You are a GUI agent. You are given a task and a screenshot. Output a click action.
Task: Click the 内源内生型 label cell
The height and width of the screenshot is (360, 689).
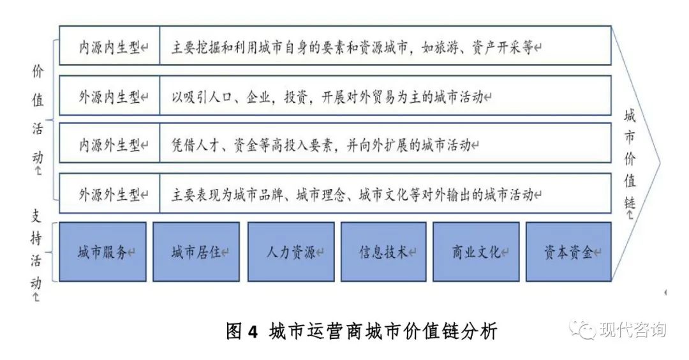click(x=110, y=46)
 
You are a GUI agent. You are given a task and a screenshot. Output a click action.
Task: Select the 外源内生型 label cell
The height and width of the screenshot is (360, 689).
click(x=110, y=95)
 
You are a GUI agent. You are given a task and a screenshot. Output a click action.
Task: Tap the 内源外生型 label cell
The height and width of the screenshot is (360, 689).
click(x=110, y=143)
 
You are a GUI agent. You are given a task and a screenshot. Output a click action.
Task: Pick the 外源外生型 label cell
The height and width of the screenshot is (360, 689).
click(x=110, y=193)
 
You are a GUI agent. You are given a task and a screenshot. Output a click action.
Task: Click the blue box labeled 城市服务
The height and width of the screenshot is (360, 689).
click(x=103, y=252)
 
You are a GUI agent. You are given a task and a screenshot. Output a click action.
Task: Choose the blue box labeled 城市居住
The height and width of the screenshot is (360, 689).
click(x=196, y=252)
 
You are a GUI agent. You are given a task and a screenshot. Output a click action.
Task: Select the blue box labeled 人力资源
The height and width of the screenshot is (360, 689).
click(x=291, y=252)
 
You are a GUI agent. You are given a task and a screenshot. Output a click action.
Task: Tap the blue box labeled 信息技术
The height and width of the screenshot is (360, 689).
click(x=383, y=252)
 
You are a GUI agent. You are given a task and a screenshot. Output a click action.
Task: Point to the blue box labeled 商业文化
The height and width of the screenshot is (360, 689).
click(x=476, y=252)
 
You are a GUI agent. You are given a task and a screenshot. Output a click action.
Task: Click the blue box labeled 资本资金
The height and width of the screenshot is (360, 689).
click(x=568, y=252)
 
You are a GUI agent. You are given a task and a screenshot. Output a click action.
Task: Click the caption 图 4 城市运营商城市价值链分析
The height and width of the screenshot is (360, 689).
click(x=362, y=331)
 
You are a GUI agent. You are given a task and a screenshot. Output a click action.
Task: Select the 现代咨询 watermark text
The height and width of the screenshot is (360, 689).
click(x=633, y=329)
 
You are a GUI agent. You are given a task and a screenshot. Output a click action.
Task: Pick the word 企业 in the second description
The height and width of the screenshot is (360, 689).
click(x=258, y=97)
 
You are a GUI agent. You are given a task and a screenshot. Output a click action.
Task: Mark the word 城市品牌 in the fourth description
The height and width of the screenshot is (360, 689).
click(x=258, y=194)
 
